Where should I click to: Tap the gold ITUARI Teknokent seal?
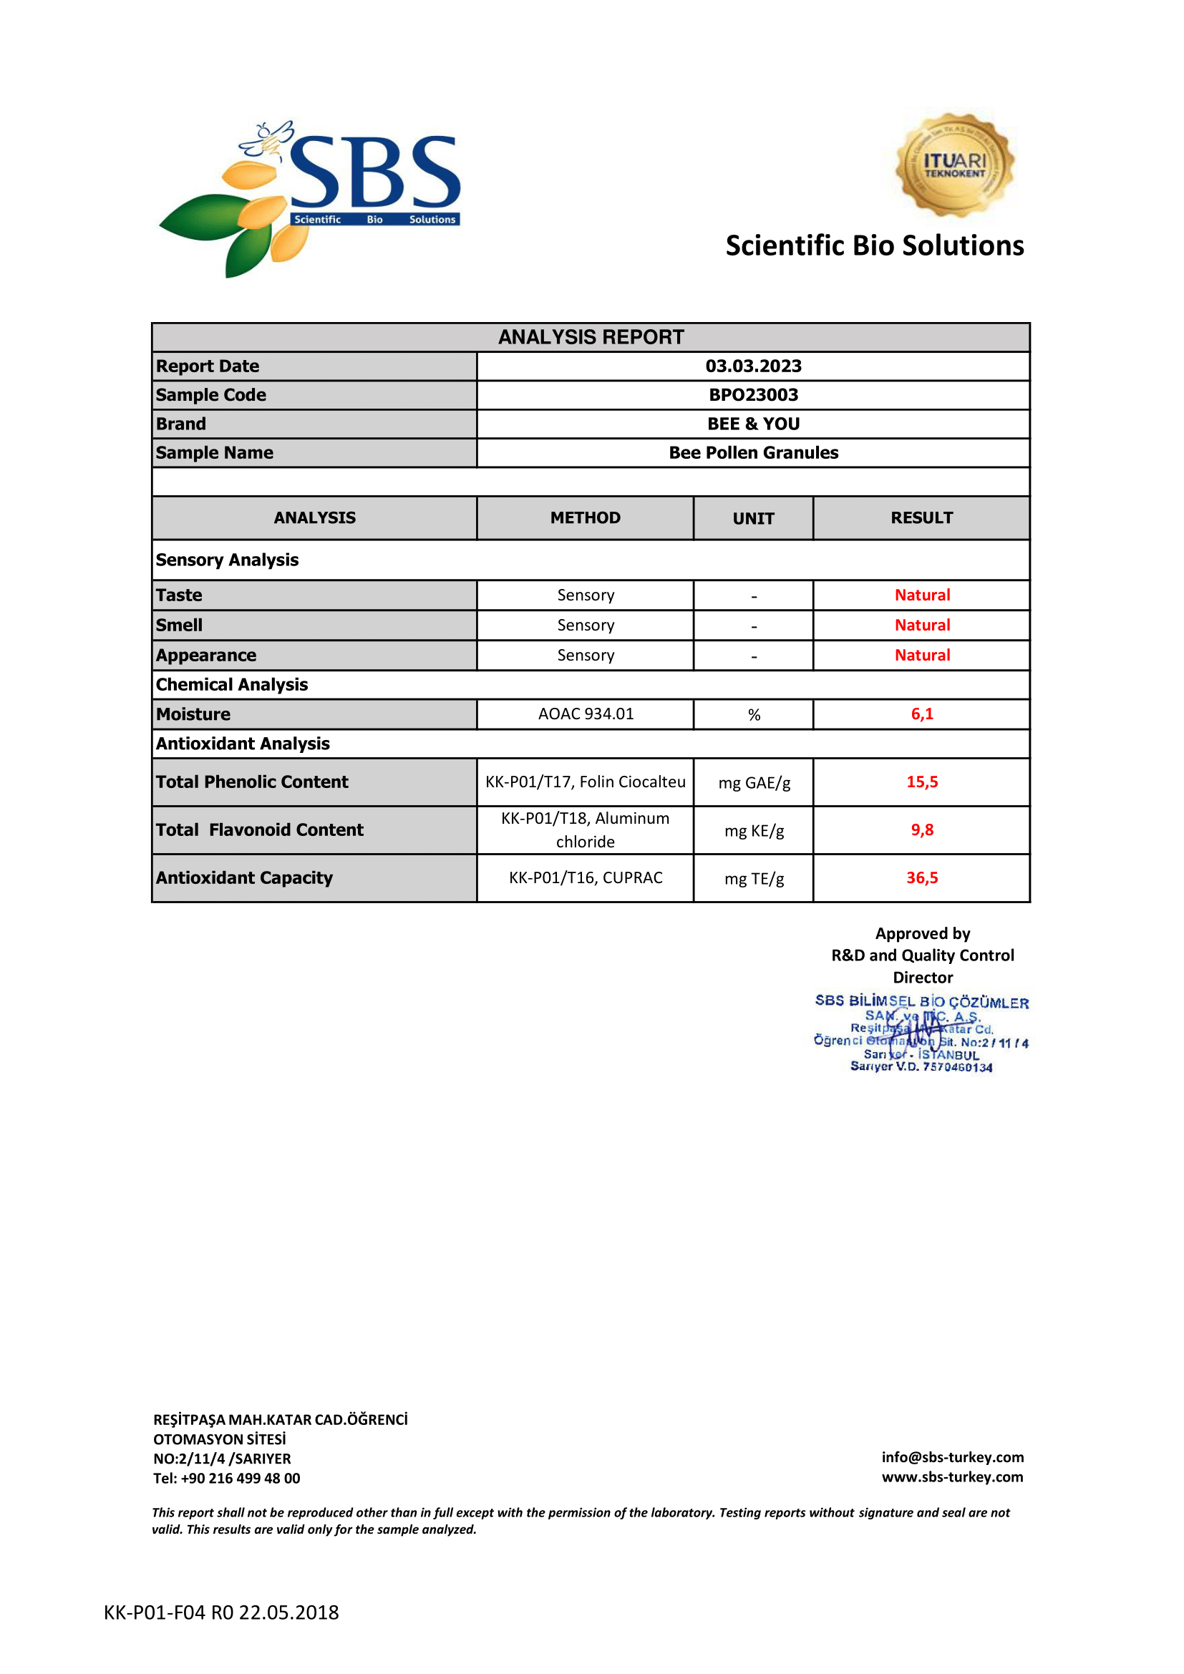tap(954, 165)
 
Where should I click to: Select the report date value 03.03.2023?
tap(753, 366)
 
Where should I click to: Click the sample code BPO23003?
tap(753, 395)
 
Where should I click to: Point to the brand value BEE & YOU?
tap(753, 424)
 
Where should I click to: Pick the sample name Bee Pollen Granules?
tap(753, 453)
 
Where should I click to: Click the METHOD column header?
tap(585, 517)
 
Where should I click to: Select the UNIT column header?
tap(753, 518)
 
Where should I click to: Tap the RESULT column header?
tap(921, 517)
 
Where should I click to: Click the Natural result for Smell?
tap(922, 625)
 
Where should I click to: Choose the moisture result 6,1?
tap(922, 714)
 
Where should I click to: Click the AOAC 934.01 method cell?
tap(586, 714)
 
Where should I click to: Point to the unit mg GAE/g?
tap(754, 782)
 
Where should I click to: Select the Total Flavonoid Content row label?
tap(260, 829)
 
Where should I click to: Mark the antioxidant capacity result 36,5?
tap(922, 878)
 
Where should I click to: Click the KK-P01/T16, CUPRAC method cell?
tap(586, 878)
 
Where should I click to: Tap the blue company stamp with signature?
tap(921, 1034)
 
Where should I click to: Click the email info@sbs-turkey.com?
tap(952, 1456)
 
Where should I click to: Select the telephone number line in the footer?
tap(227, 1478)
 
